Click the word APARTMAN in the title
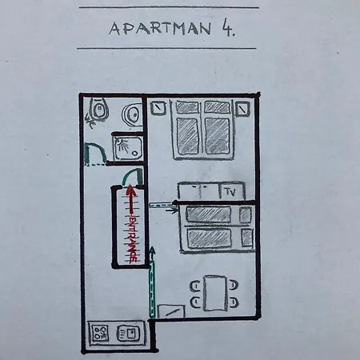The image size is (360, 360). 160,28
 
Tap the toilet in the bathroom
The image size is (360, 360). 98,109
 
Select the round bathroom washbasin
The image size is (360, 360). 131,115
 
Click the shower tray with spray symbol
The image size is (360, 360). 128,148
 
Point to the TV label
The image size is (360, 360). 230,191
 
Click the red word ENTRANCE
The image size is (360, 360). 133,239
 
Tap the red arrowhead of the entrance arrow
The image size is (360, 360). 130,190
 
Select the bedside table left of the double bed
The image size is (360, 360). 158,108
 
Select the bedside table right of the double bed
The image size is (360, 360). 242,108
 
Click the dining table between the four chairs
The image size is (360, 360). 215,294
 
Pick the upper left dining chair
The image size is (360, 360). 196,286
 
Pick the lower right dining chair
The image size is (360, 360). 234,302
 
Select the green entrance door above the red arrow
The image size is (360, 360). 133,176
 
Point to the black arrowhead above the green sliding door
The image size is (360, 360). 152,250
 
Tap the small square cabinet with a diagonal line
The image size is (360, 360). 171,311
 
